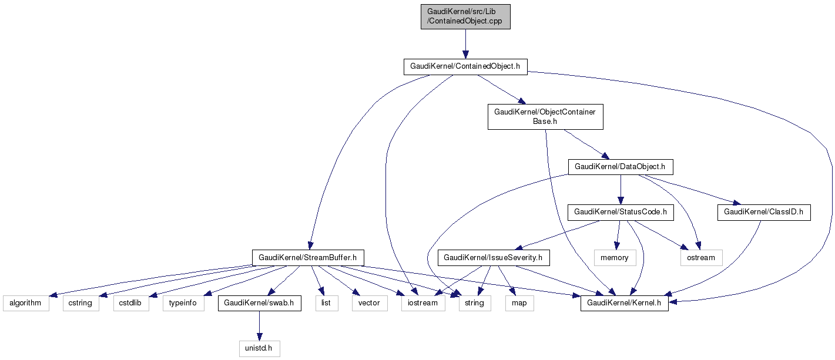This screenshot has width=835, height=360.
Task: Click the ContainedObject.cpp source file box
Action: pos(465,17)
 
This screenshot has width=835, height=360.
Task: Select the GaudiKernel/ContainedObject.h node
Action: pos(465,66)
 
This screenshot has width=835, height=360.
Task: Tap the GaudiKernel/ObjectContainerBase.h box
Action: pos(545,116)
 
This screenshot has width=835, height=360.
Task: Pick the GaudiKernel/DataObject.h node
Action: pos(620,167)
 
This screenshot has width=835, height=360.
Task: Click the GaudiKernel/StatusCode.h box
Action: pos(620,211)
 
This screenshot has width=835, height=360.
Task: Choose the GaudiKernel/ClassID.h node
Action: pos(764,211)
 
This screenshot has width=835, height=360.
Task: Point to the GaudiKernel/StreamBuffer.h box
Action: pos(308,257)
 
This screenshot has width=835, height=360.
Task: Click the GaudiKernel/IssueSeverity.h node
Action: pos(497,257)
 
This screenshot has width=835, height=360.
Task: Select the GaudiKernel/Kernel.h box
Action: pos(624,303)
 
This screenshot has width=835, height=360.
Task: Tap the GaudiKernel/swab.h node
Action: pos(259,303)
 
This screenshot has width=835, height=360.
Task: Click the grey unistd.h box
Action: pos(259,348)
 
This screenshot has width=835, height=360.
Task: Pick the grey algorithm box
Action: pos(25,303)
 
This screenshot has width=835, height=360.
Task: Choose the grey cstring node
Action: pos(81,303)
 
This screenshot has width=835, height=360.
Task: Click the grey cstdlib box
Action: pos(131,303)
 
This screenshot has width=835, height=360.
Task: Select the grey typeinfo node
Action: pos(183,303)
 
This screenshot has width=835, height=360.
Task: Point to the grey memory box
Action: pos(615,257)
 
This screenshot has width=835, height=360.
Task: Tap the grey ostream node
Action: pos(701,257)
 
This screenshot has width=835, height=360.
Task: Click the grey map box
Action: pos(519,303)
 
